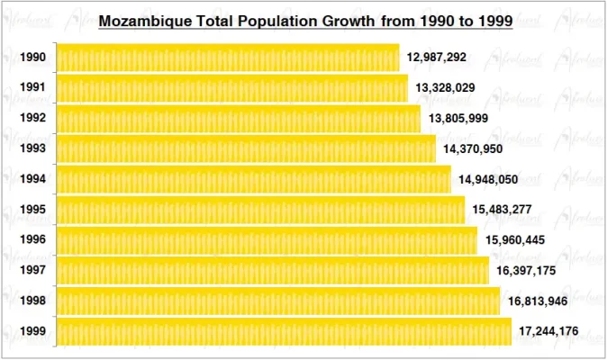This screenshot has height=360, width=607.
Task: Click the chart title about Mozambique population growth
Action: pos(305,19)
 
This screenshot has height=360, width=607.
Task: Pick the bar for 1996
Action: pos(267,240)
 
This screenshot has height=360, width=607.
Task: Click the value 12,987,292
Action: pos(437,58)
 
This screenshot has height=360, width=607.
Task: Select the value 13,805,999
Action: pos(458,119)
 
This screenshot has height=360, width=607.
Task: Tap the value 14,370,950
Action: pos(473,148)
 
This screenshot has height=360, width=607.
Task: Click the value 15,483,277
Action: pos(502,210)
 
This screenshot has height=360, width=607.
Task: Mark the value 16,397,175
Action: pos(526,271)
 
